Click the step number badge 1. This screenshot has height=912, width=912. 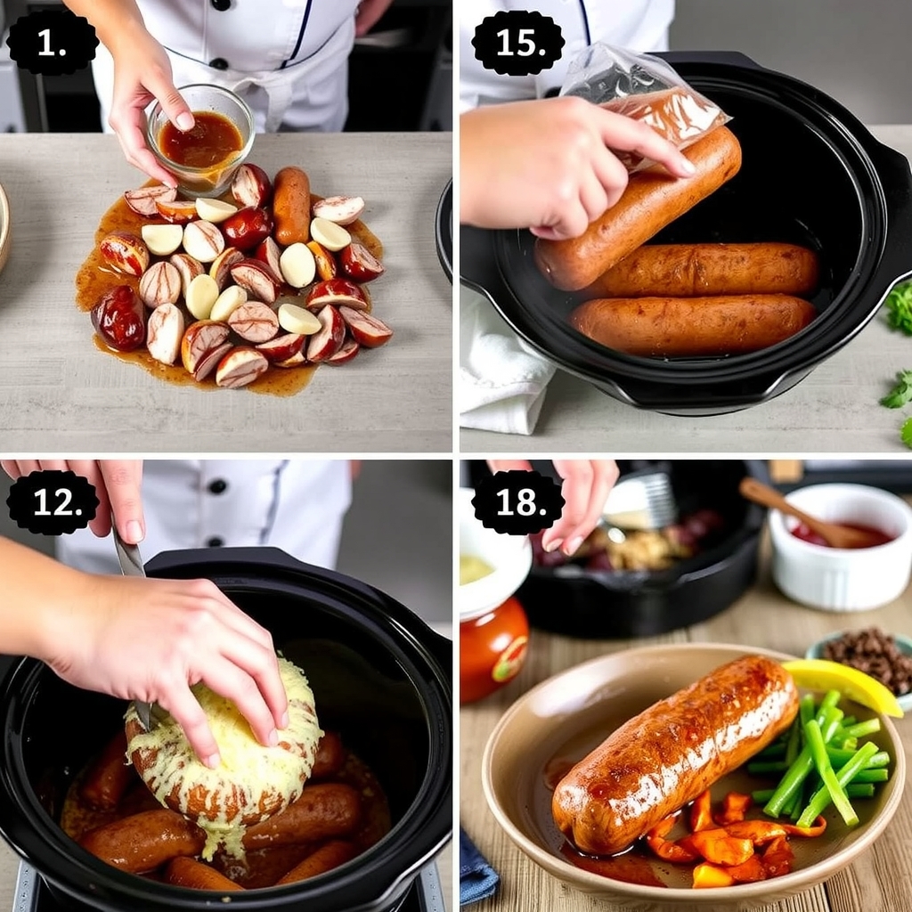coord(52,42)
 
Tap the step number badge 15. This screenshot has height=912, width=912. coord(517,42)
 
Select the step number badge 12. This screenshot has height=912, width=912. coord(52,502)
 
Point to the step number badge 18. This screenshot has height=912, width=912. coord(517,502)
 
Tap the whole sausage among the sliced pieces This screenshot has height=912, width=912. coord(291,205)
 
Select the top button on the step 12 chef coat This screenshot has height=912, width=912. coord(216,486)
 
